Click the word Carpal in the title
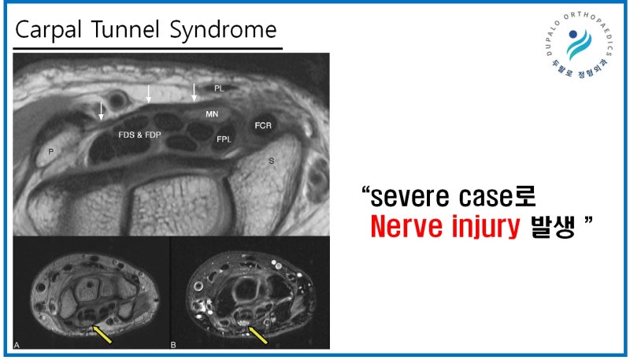pyautogui.click(x=48, y=31)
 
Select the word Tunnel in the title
pyautogui.click(x=125, y=29)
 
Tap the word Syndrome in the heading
pyautogui.click(x=223, y=31)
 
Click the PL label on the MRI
pyautogui.click(x=219, y=88)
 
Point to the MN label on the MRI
pyautogui.click(x=212, y=114)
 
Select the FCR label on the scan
pyautogui.click(x=263, y=125)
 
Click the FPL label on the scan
pyautogui.click(x=224, y=139)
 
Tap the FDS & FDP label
pyautogui.click(x=139, y=135)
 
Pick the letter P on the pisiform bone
pyautogui.click(x=51, y=151)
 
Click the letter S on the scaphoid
pyautogui.click(x=272, y=161)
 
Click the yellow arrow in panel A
pyautogui.click(x=102, y=334)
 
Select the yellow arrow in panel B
pyautogui.click(x=258, y=335)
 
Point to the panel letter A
pyautogui.click(x=17, y=345)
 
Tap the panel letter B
pyautogui.click(x=173, y=345)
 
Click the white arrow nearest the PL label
pyautogui.click(x=194, y=92)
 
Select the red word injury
pyautogui.click(x=486, y=228)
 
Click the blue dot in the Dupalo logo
pyautogui.click(x=573, y=34)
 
